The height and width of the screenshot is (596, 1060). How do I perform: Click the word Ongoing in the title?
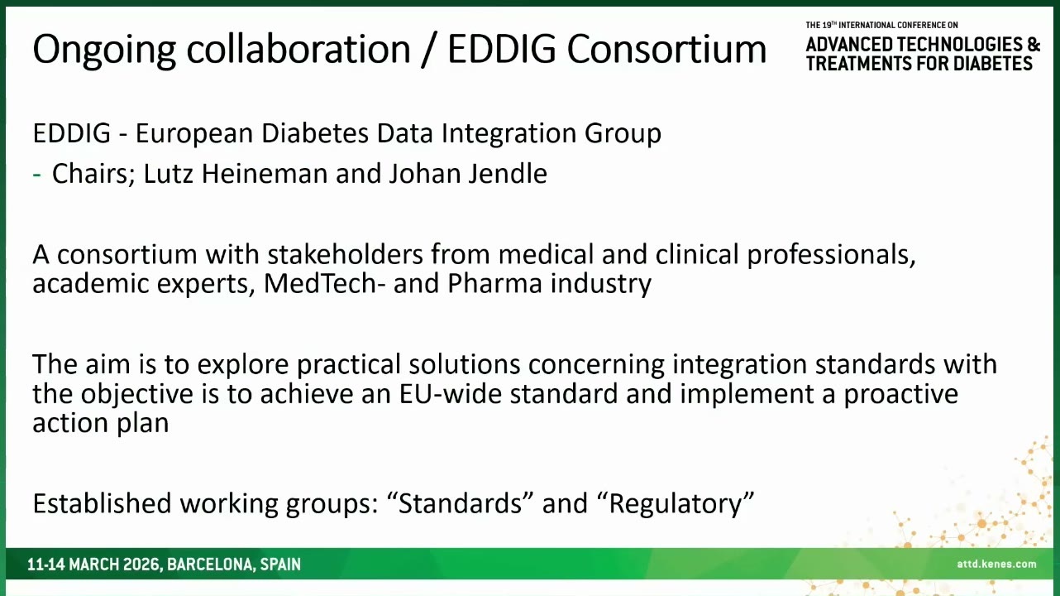tap(104, 50)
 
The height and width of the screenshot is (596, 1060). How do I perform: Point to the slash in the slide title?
tap(427, 49)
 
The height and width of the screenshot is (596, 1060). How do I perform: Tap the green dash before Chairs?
tap(37, 175)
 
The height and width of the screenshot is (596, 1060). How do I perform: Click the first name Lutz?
tap(168, 173)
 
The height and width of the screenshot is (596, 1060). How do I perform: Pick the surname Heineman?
tap(265, 173)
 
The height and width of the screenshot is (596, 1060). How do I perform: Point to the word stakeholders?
tap(345, 254)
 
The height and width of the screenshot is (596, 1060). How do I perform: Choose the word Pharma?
tap(494, 283)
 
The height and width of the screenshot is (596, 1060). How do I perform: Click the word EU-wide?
tap(450, 393)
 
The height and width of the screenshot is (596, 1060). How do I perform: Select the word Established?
tap(102, 503)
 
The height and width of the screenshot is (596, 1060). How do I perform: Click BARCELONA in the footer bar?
tap(210, 565)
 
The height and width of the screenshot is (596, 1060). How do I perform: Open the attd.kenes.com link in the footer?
tap(996, 564)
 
